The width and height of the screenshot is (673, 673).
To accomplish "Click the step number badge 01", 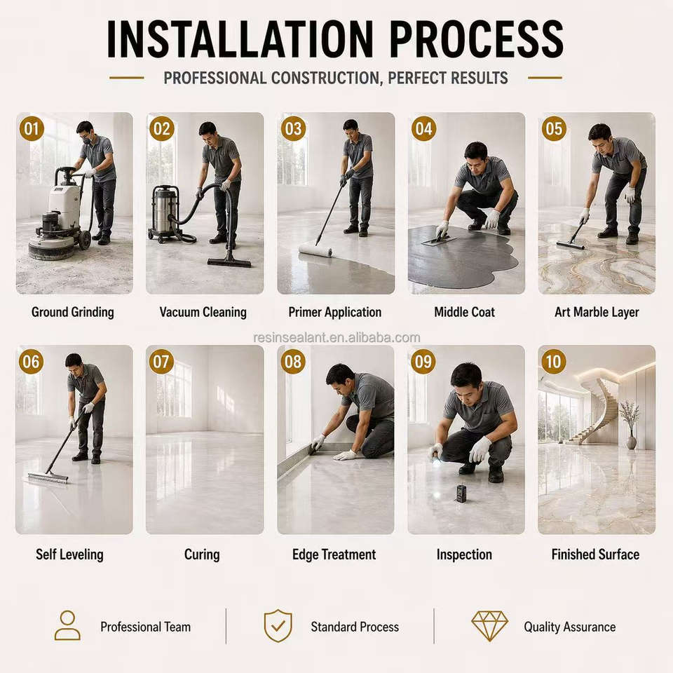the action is [x=32, y=128].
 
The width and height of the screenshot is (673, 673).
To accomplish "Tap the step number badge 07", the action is [x=161, y=362].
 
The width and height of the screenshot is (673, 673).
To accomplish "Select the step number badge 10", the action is [x=554, y=362].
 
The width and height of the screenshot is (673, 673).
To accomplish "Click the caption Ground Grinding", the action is [x=72, y=312].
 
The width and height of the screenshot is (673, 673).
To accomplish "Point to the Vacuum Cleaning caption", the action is [x=203, y=312].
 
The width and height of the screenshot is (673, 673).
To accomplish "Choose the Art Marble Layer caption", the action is [x=597, y=312].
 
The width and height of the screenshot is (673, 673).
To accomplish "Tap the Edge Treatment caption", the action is [x=334, y=555].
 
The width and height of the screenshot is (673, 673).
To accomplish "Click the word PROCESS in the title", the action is [x=477, y=39].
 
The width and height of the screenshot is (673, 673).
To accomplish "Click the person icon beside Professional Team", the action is [x=67, y=626].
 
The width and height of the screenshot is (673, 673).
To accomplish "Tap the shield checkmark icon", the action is [x=278, y=626].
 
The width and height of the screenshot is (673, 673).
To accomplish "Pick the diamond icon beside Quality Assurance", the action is [x=489, y=626].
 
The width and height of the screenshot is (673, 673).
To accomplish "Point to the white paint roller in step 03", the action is [x=315, y=250].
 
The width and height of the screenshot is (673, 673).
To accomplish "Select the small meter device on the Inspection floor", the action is [x=461, y=493].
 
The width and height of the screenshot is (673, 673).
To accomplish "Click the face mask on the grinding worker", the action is [x=86, y=140].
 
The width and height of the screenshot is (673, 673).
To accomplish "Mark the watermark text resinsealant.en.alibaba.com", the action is [x=336, y=338].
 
